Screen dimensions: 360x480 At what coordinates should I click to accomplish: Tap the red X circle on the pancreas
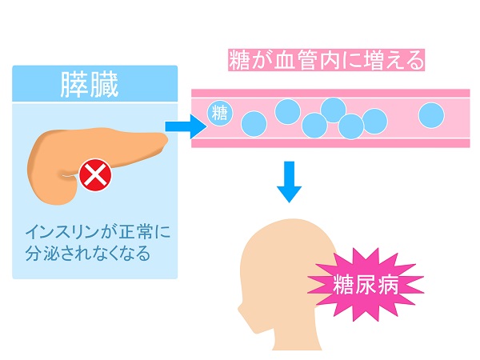96,174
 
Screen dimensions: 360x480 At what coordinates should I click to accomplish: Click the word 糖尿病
365,282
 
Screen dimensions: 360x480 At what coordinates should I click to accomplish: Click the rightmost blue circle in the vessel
431,114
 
